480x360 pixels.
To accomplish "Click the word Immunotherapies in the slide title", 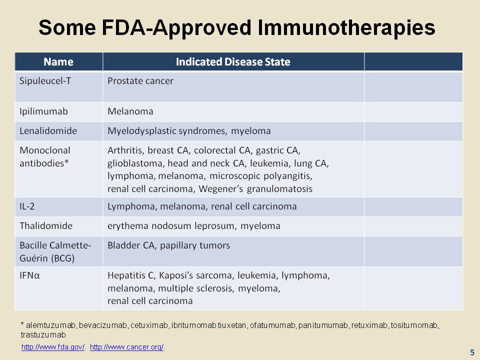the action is [346, 28].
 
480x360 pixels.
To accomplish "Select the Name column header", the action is [58, 62].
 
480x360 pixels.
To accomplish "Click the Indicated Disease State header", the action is [233, 62].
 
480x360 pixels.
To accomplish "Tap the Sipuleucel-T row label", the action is [45, 81].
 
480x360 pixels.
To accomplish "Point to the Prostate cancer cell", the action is [140, 81].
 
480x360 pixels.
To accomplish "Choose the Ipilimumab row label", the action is [44, 111].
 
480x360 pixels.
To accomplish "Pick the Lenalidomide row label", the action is [48, 131].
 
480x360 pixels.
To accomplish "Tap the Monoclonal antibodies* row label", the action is [45, 156].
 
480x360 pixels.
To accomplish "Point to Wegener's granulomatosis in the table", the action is [255, 189].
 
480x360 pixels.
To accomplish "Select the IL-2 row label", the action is [27, 206].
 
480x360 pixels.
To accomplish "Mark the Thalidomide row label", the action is [46, 226].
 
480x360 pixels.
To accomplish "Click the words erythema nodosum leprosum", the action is [171, 226].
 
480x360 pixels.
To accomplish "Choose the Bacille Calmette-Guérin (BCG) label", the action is [55, 251].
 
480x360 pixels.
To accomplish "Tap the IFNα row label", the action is [29, 275].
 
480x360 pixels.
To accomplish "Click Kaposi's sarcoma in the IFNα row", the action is [197, 276].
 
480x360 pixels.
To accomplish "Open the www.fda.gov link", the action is [53, 347].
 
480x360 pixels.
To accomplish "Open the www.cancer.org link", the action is [127, 347].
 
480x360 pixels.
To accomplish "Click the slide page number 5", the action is [472, 352].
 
